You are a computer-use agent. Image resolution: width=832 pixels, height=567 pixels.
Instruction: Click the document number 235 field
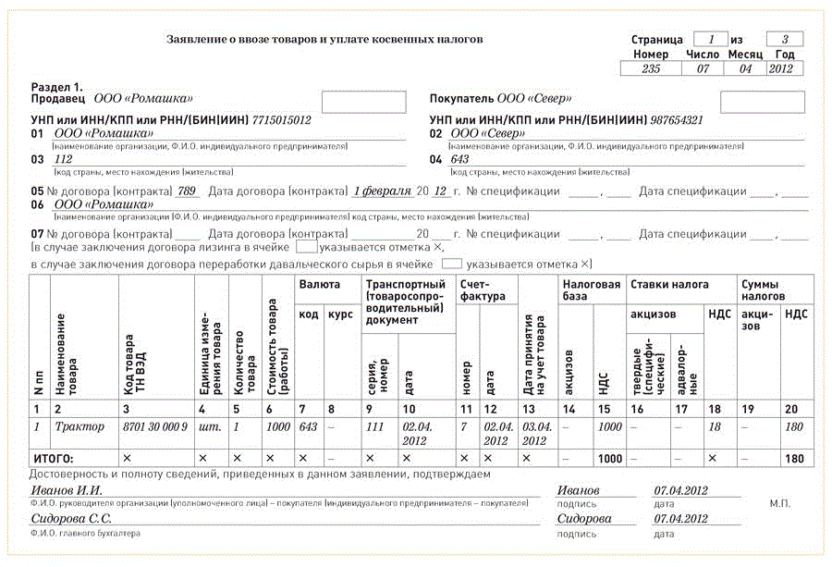[651, 69]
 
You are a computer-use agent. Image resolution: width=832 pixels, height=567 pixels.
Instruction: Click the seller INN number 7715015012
[281, 120]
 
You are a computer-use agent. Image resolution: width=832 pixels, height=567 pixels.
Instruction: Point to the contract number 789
[188, 191]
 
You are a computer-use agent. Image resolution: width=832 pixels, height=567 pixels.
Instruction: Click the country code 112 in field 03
[65, 159]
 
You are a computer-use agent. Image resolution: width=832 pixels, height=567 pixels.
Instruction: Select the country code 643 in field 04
[459, 159]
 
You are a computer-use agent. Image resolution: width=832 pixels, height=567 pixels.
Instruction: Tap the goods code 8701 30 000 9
[155, 426]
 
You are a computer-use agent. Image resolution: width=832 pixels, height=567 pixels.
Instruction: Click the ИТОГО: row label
[54, 458]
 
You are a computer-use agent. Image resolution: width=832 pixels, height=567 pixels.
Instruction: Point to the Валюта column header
[319, 285]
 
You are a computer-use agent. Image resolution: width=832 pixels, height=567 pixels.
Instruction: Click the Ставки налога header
[670, 285]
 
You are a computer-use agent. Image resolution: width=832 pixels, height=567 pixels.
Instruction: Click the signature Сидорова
[584, 519]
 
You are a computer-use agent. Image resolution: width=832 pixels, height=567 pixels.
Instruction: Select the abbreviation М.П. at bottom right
[778, 504]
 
